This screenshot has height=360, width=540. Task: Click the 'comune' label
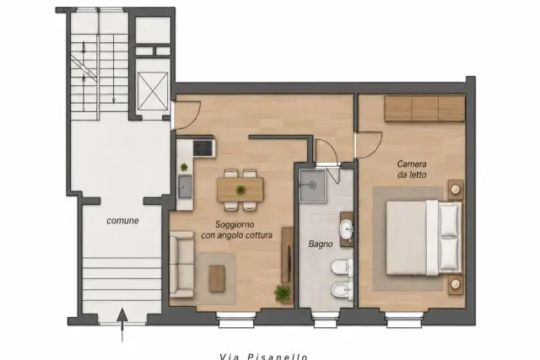[122, 221]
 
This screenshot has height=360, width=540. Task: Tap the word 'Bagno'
[321, 244]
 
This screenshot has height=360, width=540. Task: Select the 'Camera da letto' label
[412, 169]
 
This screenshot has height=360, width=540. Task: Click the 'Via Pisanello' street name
[263, 357]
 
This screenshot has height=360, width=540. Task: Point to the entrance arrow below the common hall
[122, 325]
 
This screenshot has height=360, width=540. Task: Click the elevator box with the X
[153, 91]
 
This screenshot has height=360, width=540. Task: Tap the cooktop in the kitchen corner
[203, 148]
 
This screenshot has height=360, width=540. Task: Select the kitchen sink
[185, 186]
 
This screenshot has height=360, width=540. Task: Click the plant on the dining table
[240, 190]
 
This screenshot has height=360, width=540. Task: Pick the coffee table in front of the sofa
[217, 278]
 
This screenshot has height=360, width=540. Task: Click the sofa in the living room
[182, 265]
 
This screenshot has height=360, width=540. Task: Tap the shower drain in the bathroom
[312, 185]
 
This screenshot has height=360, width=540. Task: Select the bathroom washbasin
[346, 228]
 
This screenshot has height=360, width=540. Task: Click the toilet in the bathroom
[341, 267]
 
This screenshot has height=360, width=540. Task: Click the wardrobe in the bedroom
[424, 109]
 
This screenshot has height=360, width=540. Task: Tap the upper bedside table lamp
[456, 189]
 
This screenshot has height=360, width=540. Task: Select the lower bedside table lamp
[456, 284]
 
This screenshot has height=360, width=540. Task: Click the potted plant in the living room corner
[283, 293]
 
